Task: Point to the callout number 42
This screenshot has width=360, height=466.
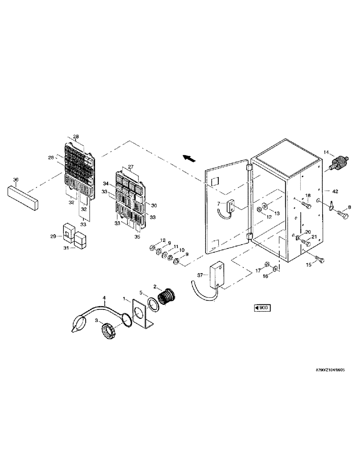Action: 334,191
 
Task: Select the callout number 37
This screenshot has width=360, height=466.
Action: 199,275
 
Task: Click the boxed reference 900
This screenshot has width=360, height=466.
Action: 261,308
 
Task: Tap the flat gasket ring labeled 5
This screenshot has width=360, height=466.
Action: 152,306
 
